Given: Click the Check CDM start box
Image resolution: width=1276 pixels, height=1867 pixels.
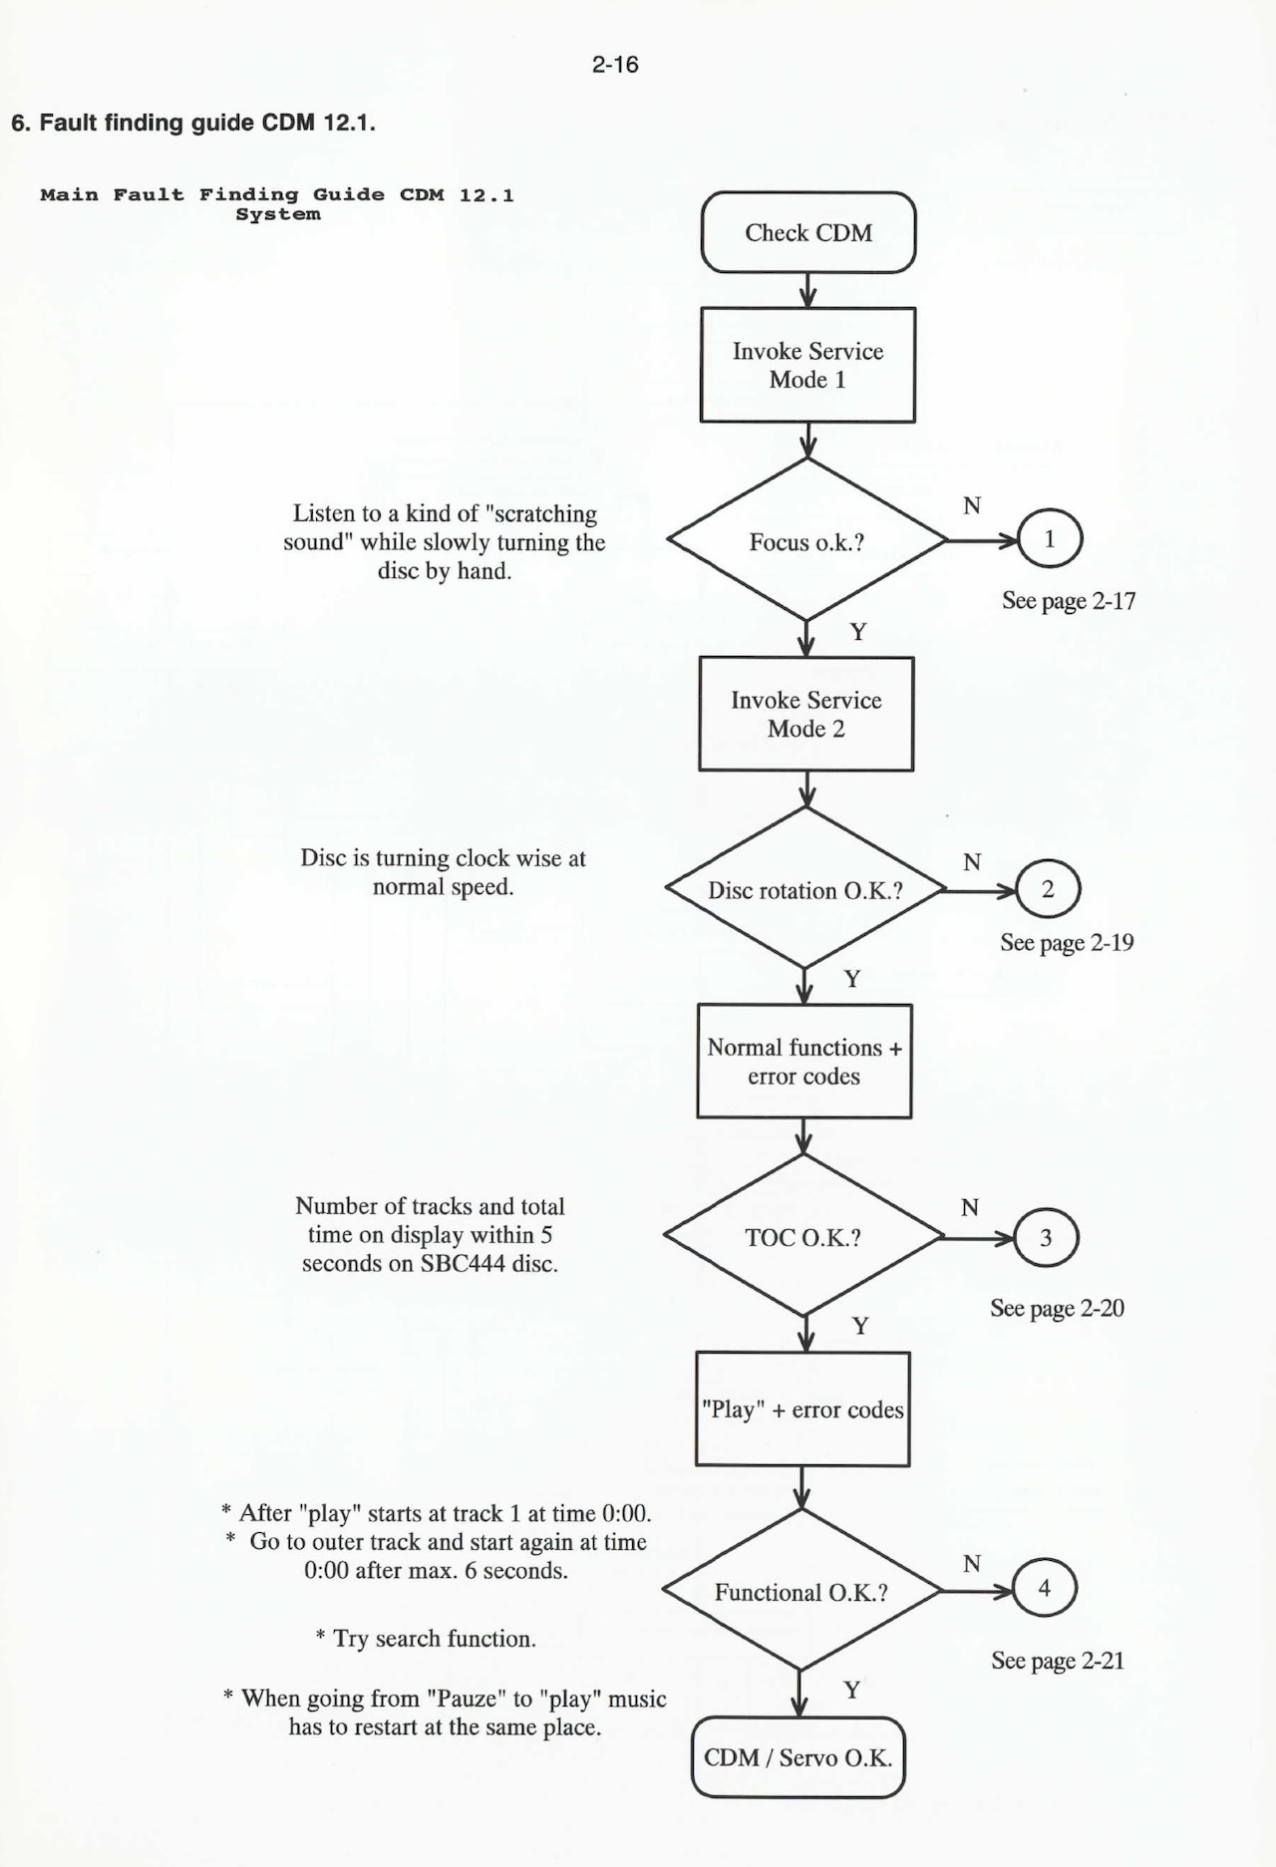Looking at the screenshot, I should pos(807,232).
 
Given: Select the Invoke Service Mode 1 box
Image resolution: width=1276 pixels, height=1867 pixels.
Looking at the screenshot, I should pos(807,365).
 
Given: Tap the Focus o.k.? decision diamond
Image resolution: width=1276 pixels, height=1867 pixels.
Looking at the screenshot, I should pos(806,541).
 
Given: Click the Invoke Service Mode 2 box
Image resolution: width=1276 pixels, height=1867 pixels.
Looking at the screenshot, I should pos(805,714).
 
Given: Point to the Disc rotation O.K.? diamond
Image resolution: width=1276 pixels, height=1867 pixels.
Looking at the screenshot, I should pos(804,889).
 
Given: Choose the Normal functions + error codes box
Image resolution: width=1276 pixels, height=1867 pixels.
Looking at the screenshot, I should pos(803,1061).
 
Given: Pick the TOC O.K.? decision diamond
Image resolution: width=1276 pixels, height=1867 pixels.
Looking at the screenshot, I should pos(802,1237).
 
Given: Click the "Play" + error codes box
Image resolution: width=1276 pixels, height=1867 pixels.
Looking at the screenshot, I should pos(802,1408).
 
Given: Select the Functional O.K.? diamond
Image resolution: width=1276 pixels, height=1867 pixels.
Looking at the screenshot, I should pos(800,1592).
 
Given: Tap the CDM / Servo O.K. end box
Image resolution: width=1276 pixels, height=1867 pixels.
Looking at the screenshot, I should pos(797,1757).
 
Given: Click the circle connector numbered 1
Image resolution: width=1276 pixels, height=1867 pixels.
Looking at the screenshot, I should pos(1049,539).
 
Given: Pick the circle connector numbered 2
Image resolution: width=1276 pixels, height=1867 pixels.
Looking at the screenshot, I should pos(1047,889).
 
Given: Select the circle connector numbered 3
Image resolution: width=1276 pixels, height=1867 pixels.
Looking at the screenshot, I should pos(1046,1238).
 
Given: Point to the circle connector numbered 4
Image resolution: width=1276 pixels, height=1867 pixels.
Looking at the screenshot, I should pos(1044,1588).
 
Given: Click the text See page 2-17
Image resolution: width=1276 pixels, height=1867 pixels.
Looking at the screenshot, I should pos(1069,601).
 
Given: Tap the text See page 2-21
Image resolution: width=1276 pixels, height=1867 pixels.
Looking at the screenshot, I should pos(1058,1661).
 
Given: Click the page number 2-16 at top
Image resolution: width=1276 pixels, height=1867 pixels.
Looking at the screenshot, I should pos(614,65).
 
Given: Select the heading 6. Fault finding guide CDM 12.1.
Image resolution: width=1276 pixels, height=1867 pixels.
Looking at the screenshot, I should pos(192,124).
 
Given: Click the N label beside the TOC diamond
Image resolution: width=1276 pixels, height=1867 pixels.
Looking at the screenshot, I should pos(969,1208).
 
